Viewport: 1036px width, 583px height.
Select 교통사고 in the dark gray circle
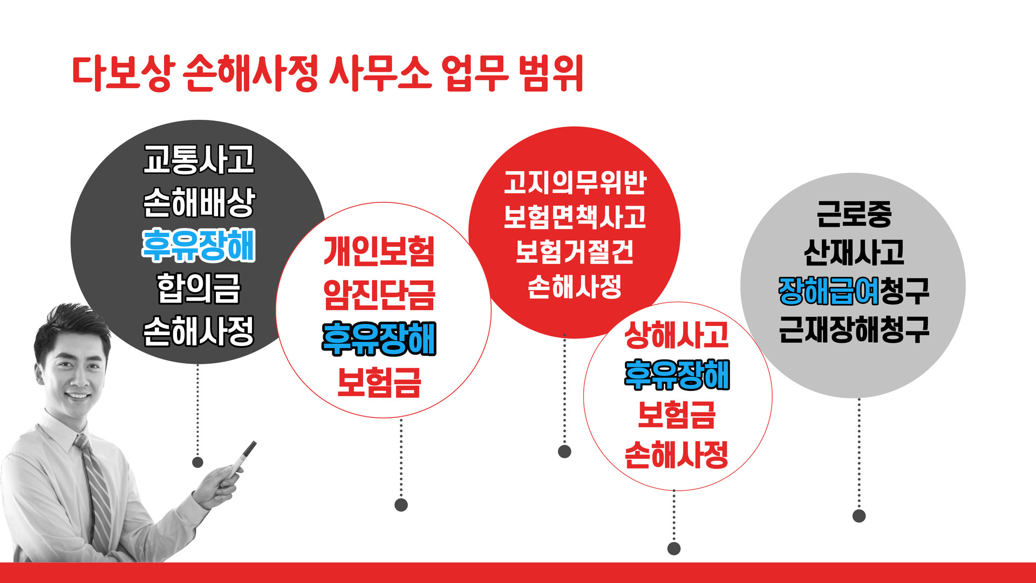[199, 159]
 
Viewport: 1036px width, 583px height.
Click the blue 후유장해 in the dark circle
[199, 246]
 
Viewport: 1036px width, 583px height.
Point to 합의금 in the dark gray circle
[199, 288]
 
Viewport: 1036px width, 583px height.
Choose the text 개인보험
[379, 252]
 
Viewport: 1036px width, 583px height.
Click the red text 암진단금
[379, 295]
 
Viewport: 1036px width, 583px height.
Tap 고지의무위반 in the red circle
[575, 182]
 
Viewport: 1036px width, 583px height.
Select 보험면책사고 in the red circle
[575, 217]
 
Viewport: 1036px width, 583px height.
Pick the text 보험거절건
[575, 252]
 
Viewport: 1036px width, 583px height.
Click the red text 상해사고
[676, 335]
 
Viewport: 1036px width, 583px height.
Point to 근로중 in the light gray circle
[854, 214]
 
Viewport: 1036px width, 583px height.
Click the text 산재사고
[854, 252]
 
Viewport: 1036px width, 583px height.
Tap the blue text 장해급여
[829, 291]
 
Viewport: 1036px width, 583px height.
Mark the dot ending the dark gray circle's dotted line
[197, 462]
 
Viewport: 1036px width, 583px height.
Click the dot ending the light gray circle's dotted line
[859, 516]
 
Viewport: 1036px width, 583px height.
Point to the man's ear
[39, 372]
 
